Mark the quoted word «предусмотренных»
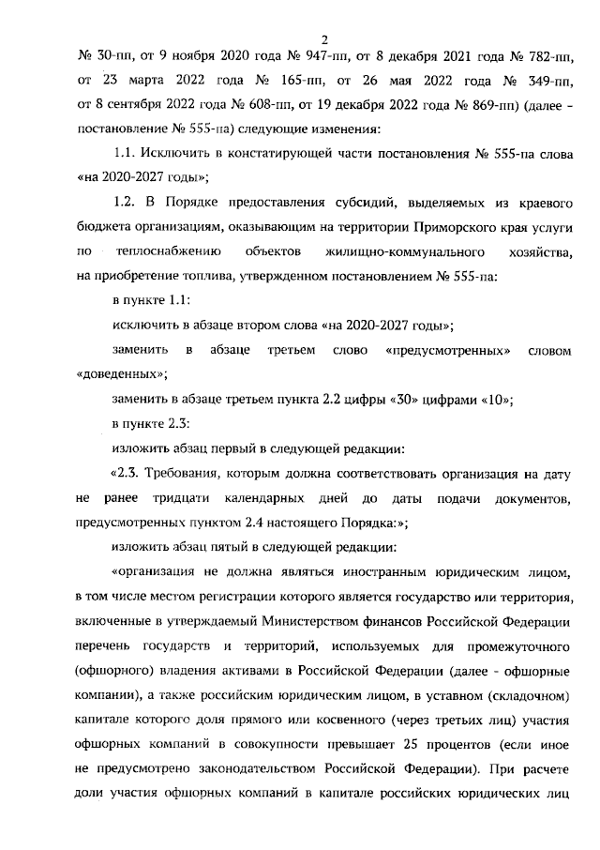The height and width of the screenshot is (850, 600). tap(447, 350)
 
